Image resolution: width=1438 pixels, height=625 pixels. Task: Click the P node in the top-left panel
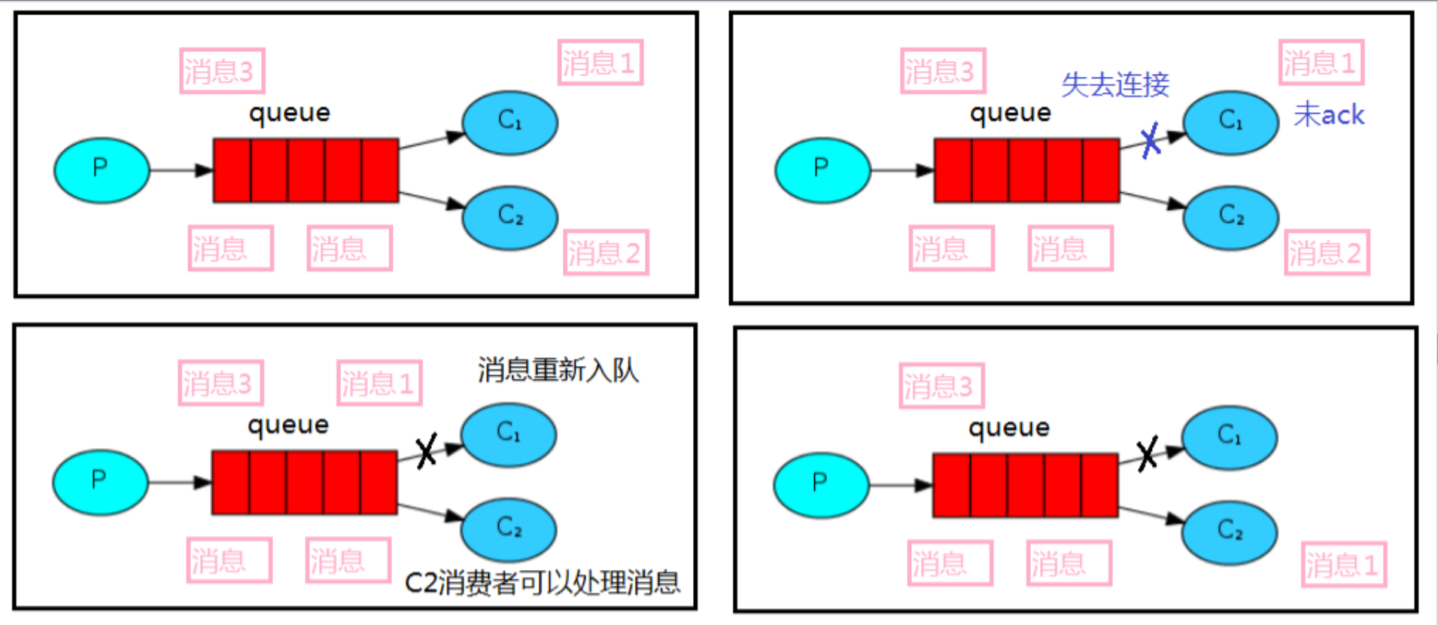102,170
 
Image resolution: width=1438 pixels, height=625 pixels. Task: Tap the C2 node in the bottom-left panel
509,529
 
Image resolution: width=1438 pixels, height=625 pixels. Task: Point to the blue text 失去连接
1115,84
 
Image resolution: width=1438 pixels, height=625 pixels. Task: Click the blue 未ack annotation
1329,114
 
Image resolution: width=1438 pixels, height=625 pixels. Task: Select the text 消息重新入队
558,370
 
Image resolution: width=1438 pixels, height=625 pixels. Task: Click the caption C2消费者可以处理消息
542,582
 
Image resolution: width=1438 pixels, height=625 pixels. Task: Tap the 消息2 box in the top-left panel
605,252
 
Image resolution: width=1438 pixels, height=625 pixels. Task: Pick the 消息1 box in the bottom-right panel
1344,564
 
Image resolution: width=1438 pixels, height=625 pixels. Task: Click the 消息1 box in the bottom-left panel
379,383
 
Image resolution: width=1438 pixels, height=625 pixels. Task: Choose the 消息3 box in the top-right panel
942,71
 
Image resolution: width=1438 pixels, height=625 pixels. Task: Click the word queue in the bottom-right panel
1008,427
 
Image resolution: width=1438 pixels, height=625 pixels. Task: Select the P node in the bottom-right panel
821,485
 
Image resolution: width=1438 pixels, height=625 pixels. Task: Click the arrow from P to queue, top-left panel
181,170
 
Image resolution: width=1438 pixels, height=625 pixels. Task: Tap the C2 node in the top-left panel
509,218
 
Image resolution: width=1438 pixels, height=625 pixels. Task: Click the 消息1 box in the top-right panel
1321,62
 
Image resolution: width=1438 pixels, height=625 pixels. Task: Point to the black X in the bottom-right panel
1147,454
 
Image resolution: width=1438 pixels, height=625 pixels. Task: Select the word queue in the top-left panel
290,113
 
